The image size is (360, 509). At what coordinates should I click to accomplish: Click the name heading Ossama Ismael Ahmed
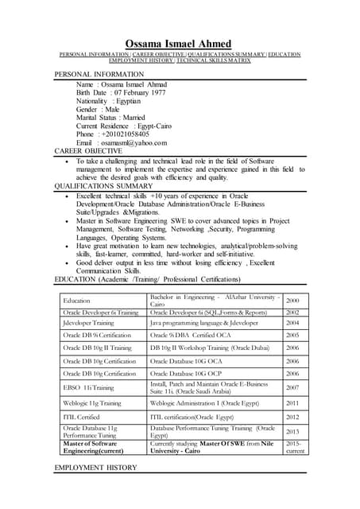click(x=179, y=43)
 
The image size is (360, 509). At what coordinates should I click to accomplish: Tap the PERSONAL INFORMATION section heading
click(x=99, y=74)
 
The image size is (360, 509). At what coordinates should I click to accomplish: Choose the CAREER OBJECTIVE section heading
click(x=88, y=151)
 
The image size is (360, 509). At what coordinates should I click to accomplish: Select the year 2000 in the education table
click(x=292, y=301)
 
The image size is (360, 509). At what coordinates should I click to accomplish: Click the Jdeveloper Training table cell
click(x=88, y=324)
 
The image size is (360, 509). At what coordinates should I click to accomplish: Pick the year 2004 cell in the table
click(x=292, y=324)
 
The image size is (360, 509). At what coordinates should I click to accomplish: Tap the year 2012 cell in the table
click(x=292, y=417)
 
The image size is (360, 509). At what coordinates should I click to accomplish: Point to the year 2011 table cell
click(x=292, y=403)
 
